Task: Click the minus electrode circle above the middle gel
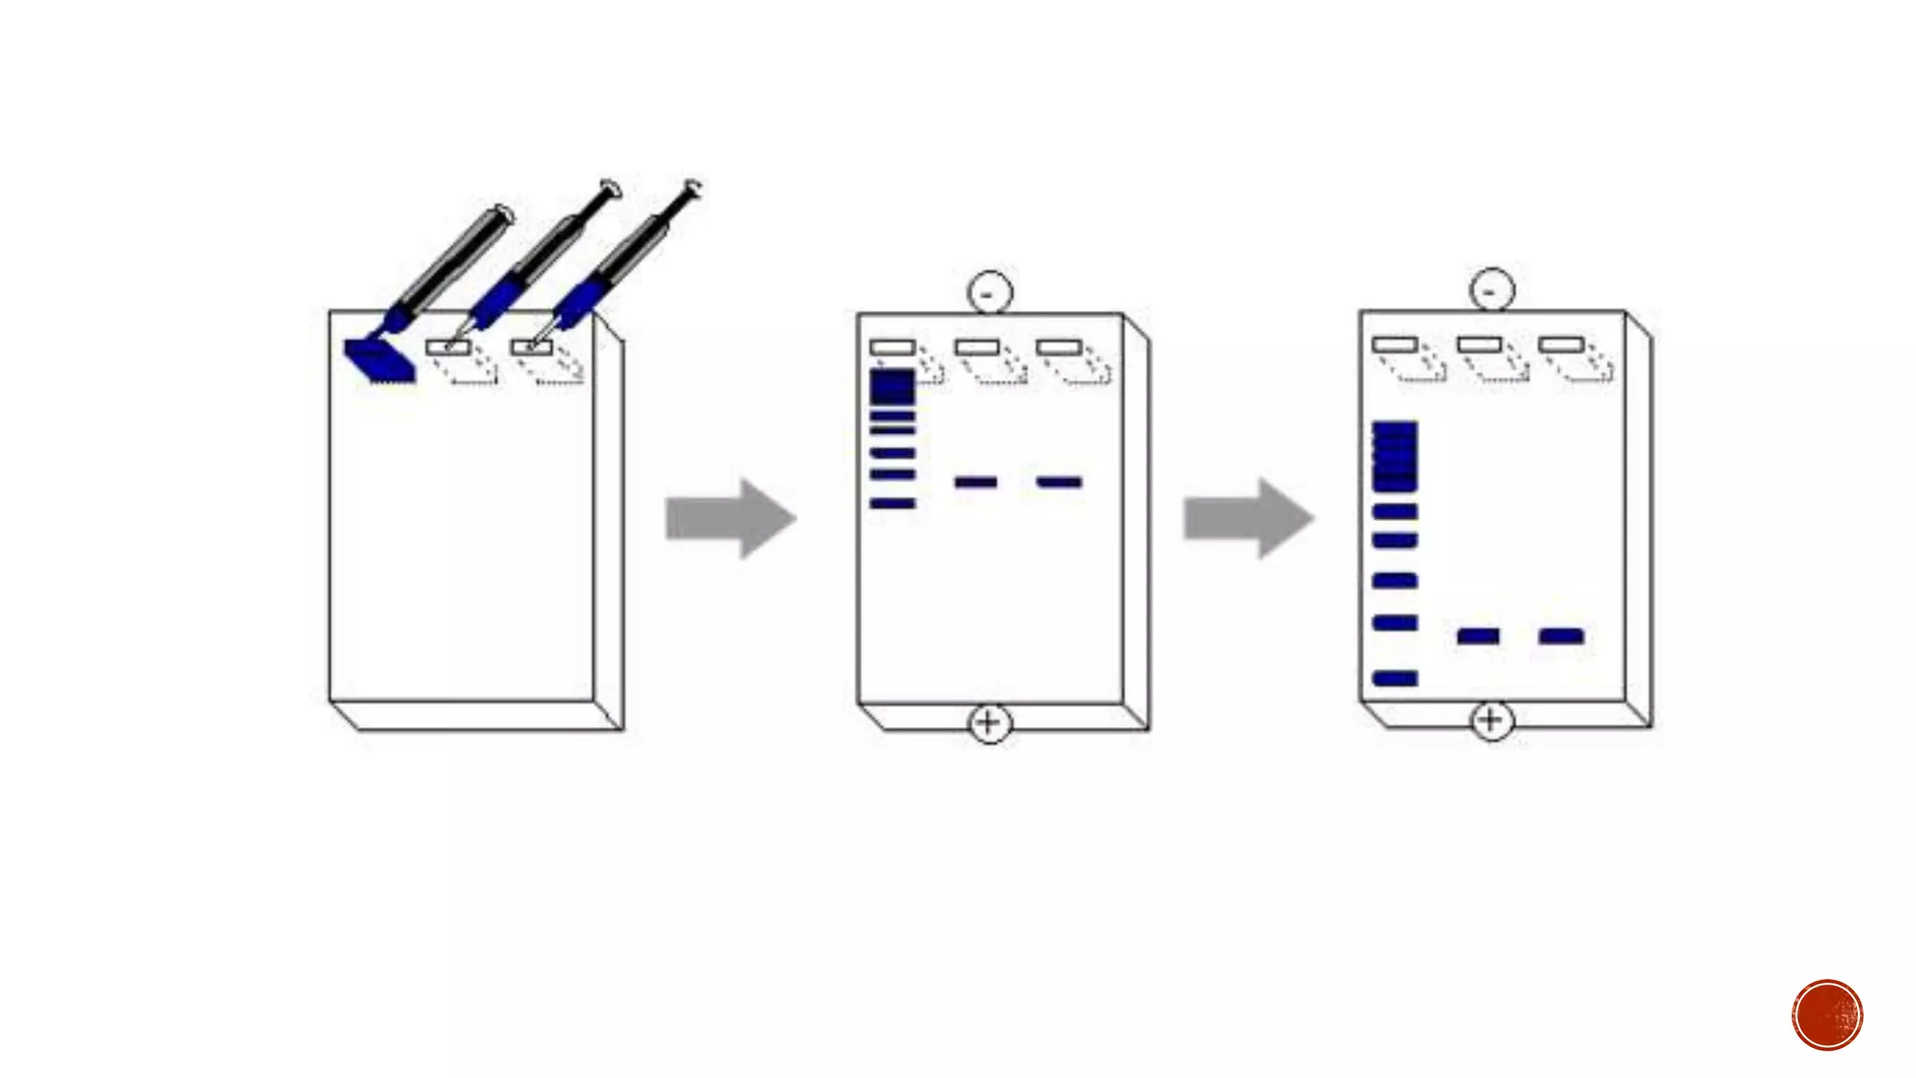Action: tap(989, 293)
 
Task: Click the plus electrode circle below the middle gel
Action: tap(989, 722)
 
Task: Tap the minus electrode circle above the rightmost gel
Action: tap(1491, 290)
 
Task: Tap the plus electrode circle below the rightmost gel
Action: tap(1491, 720)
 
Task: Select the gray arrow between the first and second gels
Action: tap(731, 518)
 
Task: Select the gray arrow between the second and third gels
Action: tap(1248, 518)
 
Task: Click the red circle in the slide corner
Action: tap(1827, 1014)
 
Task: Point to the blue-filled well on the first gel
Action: tap(379, 361)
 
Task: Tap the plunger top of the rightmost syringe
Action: tap(692, 186)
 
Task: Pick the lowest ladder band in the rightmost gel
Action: tap(1394, 678)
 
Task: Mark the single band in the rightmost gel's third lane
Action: tap(1560, 636)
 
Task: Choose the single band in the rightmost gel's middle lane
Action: tap(1478, 636)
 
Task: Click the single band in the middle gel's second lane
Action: tap(975, 482)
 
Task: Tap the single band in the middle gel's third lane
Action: tap(1059, 482)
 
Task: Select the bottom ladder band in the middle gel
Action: tap(893, 503)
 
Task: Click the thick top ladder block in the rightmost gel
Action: tap(1394, 456)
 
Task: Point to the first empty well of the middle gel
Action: tap(892, 347)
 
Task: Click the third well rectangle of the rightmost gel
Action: tap(1560, 344)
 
